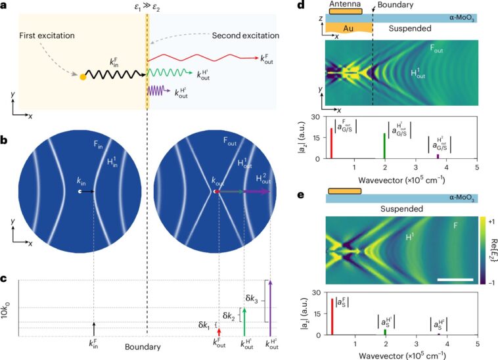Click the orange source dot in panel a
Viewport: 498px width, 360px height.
tap(83, 77)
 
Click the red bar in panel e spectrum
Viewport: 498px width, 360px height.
tap(332, 317)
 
